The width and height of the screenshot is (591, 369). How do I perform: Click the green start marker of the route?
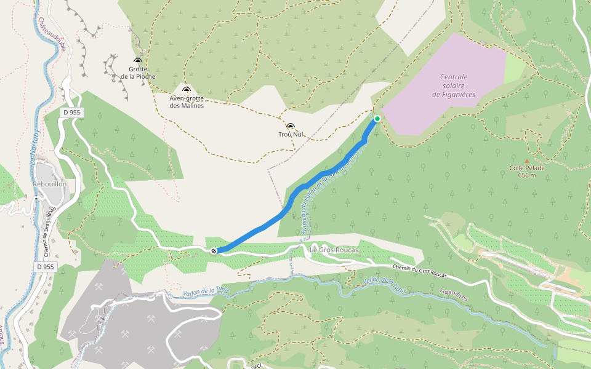tap(377, 119)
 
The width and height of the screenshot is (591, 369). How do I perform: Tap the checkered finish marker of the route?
tap(214, 250)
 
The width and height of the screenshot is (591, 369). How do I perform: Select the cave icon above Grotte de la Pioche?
tap(138, 61)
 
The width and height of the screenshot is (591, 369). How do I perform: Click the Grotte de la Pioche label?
tap(138, 73)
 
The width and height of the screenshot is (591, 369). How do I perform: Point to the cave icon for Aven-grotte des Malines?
tap(186, 90)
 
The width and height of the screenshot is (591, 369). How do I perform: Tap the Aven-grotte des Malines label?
tap(186, 101)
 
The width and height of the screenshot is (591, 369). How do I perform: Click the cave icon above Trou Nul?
tap(291, 125)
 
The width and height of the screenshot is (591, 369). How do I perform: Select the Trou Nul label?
tap(291, 134)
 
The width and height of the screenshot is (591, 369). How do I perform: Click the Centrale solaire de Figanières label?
tap(454, 85)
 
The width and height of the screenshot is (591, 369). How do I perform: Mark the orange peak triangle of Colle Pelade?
tap(526, 161)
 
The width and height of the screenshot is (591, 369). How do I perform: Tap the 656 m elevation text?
tap(526, 175)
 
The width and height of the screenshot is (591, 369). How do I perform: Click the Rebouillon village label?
tap(49, 184)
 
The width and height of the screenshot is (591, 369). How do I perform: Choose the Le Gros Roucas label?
tap(334, 250)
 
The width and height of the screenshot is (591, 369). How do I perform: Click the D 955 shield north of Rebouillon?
tap(72, 113)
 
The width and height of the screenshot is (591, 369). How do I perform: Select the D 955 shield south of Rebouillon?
tap(46, 267)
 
